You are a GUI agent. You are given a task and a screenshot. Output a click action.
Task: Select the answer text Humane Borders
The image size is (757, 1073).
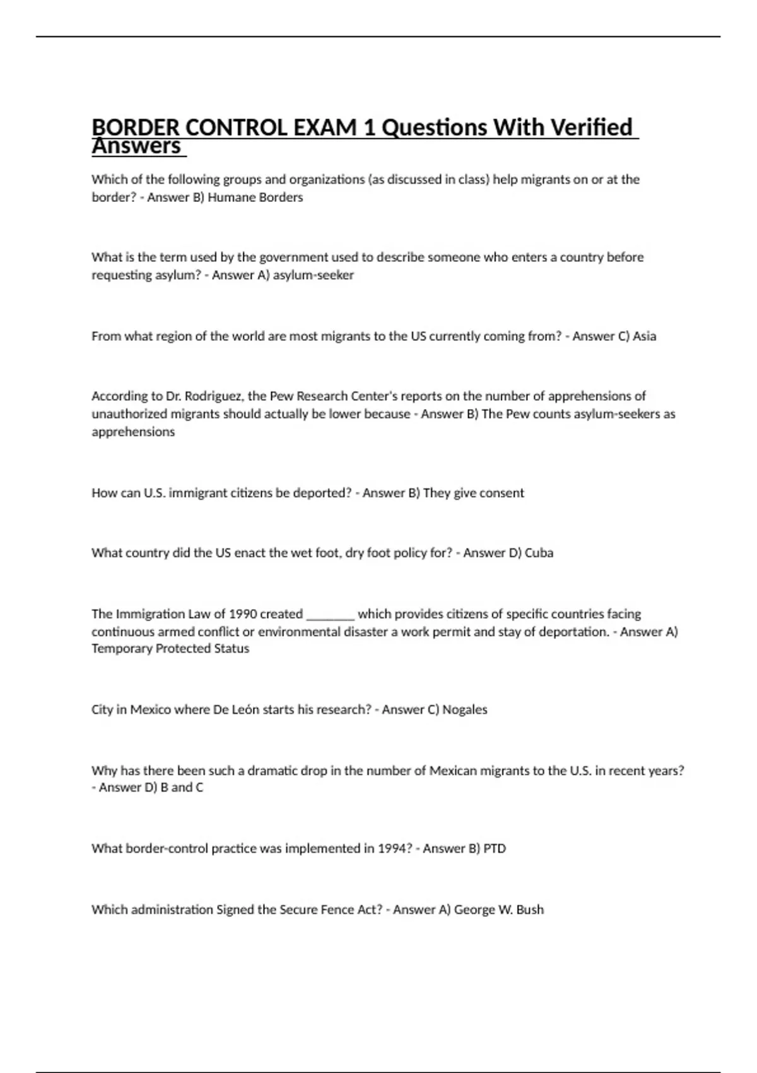pos(255,198)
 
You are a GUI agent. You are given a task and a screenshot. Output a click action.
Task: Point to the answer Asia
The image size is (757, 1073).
pos(644,336)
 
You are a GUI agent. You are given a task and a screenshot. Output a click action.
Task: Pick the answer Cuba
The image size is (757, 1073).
pos(539,553)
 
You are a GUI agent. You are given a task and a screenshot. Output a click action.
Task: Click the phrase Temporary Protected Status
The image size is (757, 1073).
pos(170,649)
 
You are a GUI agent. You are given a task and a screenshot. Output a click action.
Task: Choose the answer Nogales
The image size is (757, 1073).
pos(465,710)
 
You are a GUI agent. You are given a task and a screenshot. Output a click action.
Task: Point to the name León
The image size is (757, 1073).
pos(245,710)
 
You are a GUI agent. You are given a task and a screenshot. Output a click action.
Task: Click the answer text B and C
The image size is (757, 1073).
pos(182,788)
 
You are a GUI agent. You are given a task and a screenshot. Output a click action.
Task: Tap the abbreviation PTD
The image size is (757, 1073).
pos(495,849)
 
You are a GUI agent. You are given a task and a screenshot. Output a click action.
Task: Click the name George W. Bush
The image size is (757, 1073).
pos(498,910)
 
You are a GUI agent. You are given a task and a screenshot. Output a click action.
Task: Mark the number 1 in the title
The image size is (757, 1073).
pos(370,127)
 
